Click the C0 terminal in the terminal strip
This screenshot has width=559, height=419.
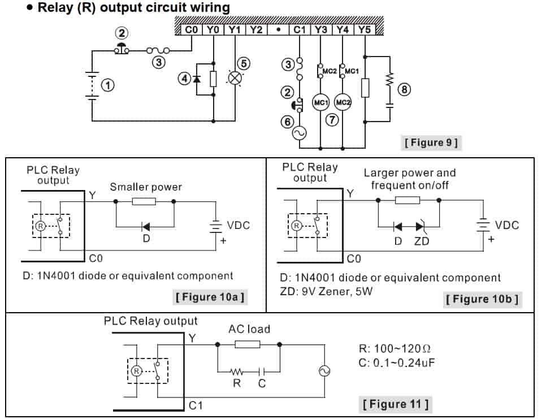[192, 29]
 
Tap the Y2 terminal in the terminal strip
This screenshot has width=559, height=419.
[256, 29]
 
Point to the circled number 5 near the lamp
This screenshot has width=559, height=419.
[244, 63]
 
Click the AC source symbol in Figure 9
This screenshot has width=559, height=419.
[299, 133]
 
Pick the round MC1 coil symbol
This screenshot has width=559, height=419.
[320, 102]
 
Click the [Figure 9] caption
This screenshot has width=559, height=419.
[431, 142]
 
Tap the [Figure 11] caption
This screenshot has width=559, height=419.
[395, 404]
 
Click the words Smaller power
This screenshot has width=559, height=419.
[146, 187]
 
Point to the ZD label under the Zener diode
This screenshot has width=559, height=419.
[421, 241]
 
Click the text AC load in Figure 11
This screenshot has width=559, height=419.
[249, 329]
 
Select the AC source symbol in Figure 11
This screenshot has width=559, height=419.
[325, 371]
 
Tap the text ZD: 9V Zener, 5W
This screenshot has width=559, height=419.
[326, 292]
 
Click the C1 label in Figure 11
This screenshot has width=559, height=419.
[196, 405]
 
